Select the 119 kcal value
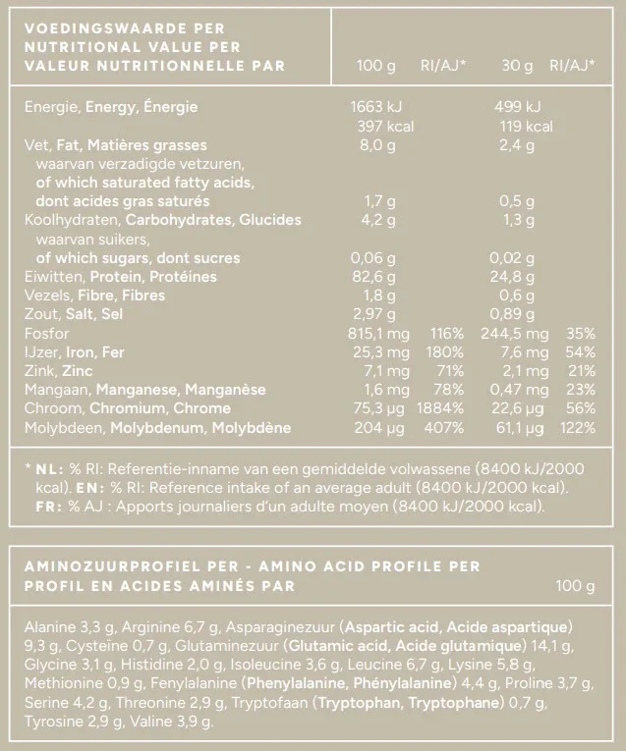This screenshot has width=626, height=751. pyautogui.click(x=527, y=126)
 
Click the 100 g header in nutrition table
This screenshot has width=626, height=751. pyautogui.click(x=376, y=66)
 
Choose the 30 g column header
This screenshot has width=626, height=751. pyautogui.click(x=517, y=66)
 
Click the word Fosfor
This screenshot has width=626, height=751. pyautogui.click(x=45, y=333)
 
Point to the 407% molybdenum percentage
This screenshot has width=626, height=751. pyautogui.click(x=444, y=427)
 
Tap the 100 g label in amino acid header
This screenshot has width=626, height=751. pyautogui.click(x=575, y=586)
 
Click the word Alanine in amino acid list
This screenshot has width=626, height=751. pyautogui.click(x=48, y=626)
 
